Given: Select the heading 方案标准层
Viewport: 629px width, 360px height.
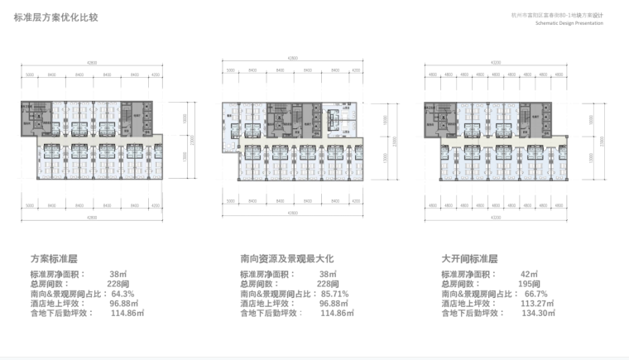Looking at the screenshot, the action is click(x=54, y=259).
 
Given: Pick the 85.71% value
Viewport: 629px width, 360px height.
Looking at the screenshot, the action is click(x=334, y=294).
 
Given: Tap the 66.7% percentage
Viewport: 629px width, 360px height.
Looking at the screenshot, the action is click(x=536, y=294).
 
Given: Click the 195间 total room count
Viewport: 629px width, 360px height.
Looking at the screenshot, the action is click(x=528, y=284).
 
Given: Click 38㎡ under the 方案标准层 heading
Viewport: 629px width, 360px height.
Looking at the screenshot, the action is click(x=117, y=274).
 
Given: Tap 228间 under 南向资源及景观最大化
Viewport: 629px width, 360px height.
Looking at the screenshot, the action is click(x=329, y=284).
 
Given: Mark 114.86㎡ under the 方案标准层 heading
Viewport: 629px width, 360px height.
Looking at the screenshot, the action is click(x=127, y=314).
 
